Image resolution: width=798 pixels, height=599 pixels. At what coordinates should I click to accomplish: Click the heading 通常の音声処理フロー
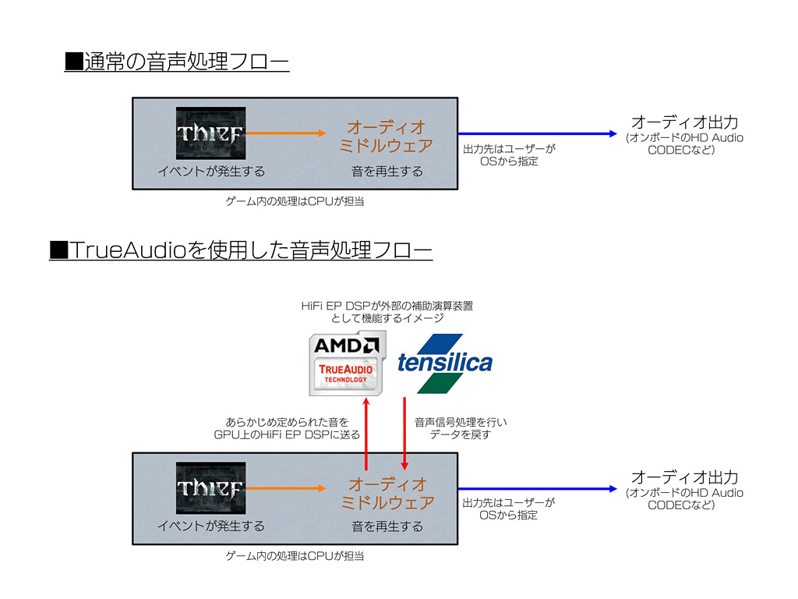177,62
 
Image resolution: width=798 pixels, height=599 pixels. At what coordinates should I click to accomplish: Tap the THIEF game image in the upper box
210,133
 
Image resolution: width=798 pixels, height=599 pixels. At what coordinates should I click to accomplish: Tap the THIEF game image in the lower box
210,488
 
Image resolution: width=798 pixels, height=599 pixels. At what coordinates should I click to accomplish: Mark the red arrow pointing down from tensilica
404,433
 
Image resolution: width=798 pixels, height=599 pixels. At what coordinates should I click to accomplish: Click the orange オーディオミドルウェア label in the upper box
387,136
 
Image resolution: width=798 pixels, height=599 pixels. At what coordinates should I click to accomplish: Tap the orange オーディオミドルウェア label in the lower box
387,493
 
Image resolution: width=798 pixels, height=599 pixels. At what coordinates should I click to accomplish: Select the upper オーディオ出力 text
684,122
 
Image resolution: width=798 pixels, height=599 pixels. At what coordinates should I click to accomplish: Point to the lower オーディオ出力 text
684,477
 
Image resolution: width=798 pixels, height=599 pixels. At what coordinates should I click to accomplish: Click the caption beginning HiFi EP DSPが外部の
387,312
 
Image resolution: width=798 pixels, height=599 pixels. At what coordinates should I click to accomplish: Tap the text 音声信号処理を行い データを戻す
461,428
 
